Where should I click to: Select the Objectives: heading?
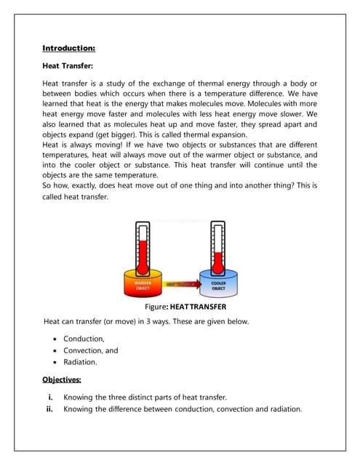tap(62, 379)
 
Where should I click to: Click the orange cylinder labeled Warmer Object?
tap(143, 285)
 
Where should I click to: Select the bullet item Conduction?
tap(84, 338)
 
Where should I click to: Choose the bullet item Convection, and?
tap(90, 349)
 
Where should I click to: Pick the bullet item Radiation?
tap(80, 361)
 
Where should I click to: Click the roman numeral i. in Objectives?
tap(52, 397)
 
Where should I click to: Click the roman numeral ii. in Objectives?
tap(51, 408)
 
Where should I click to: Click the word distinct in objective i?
tap(140, 397)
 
